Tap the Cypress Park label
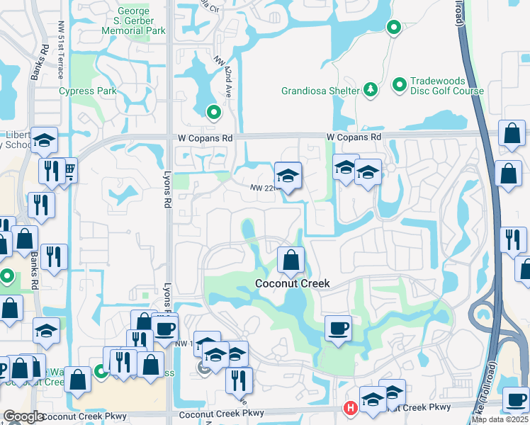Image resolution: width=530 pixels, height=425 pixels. point(88,91)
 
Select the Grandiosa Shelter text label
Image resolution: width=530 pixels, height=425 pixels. point(321,91)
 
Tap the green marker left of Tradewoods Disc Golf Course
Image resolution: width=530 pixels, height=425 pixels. point(399,85)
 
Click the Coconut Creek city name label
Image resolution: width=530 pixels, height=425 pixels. point(292,283)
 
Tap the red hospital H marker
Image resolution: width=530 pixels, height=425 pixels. point(349,408)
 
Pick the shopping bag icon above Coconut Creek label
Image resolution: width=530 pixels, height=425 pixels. point(291,260)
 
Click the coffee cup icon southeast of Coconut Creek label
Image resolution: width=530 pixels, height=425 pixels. point(338,329)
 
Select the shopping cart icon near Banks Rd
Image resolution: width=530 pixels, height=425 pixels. point(69,171)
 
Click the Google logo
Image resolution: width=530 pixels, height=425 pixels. point(23,416)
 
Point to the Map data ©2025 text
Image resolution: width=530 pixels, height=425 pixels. point(499,419)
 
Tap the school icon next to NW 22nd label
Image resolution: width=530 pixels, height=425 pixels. point(288,176)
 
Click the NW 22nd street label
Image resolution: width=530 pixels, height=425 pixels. point(262,188)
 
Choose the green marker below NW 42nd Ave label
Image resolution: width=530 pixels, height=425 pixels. point(213,112)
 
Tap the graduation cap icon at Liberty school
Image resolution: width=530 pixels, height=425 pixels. point(45,140)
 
